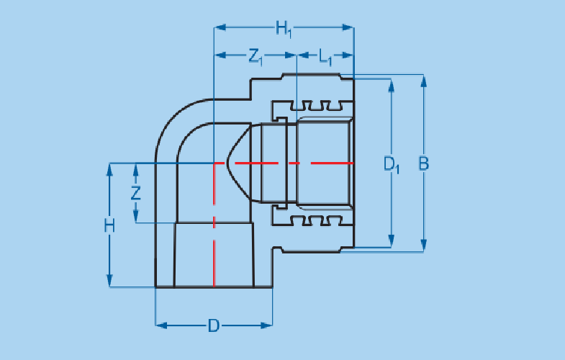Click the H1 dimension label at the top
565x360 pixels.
click(x=284, y=30)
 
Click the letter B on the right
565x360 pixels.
click(x=424, y=163)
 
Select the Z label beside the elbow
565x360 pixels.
click(x=135, y=193)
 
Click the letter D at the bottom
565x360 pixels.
click(x=213, y=325)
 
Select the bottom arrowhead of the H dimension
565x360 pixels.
click(x=109, y=282)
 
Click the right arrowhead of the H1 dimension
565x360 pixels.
click(x=349, y=28)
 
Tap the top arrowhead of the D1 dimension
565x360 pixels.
click(x=391, y=85)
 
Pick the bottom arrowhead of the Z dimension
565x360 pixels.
click(x=135, y=217)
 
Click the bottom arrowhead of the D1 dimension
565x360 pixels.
click(x=391, y=242)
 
